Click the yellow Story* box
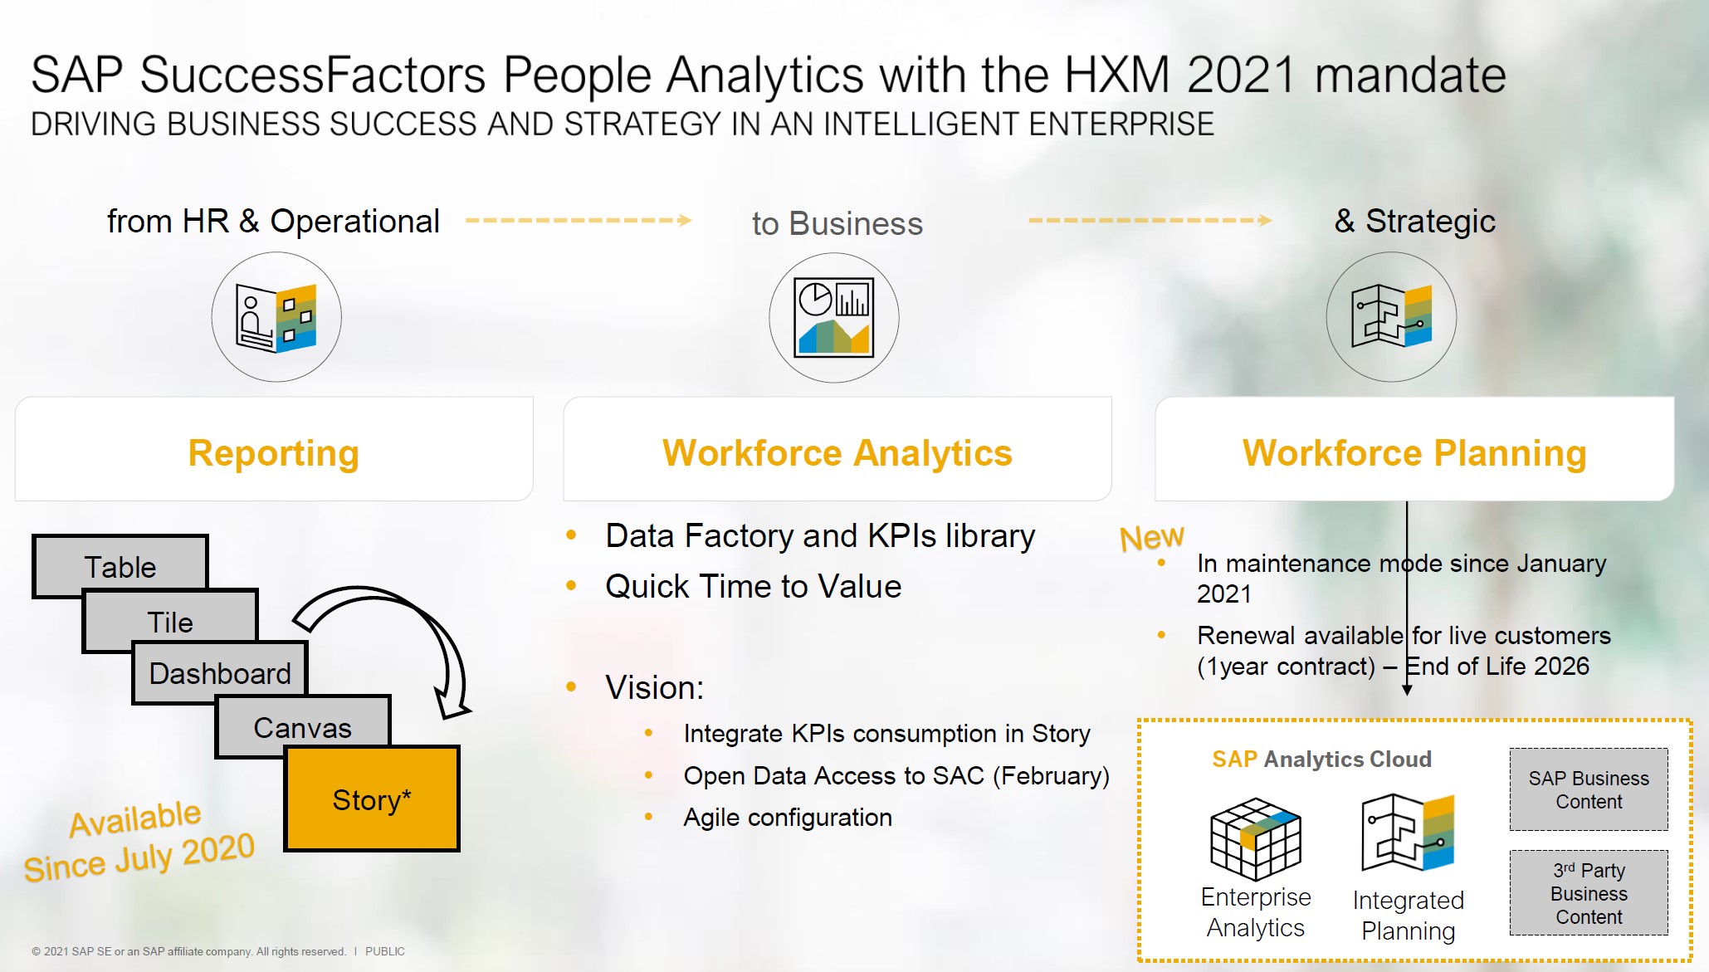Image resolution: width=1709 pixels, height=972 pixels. pyautogui.click(x=371, y=799)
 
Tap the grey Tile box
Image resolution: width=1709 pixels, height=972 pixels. pyautogui.click(x=170, y=620)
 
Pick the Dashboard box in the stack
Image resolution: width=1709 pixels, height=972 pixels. pyautogui.click(x=220, y=672)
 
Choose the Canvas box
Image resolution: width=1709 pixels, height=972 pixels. pyautogui.click(x=302, y=726)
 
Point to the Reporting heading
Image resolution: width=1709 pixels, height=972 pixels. pyautogui.click(x=273, y=452)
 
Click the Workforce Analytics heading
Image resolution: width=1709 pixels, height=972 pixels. pyautogui.click(x=837, y=452)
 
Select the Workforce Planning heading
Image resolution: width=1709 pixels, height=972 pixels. pyautogui.click(x=1414, y=452)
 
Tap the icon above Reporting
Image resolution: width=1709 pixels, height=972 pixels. pyautogui.click(x=276, y=317)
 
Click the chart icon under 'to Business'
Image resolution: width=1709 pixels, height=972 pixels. pyautogui.click(x=833, y=317)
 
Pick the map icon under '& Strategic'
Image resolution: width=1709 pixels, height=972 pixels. pyautogui.click(x=1391, y=317)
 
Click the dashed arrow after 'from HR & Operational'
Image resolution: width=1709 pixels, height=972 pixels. pyautogui.click(x=578, y=220)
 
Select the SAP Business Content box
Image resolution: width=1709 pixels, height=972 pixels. pyautogui.click(x=1588, y=789)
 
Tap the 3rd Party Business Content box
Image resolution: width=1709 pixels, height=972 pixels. pyautogui.click(x=1588, y=893)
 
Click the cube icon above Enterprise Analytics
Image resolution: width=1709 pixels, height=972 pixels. pyautogui.click(x=1255, y=838)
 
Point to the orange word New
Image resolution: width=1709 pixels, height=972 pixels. pyautogui.click(x=1151, y=537)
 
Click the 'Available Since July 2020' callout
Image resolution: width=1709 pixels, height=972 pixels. pyautogui.click(x=138, y=840)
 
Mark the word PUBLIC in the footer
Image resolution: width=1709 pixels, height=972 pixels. pyautogui.click(x=385, y=951)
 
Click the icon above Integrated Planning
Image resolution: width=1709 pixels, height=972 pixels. pyautogui.click(x=1408, y=833)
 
